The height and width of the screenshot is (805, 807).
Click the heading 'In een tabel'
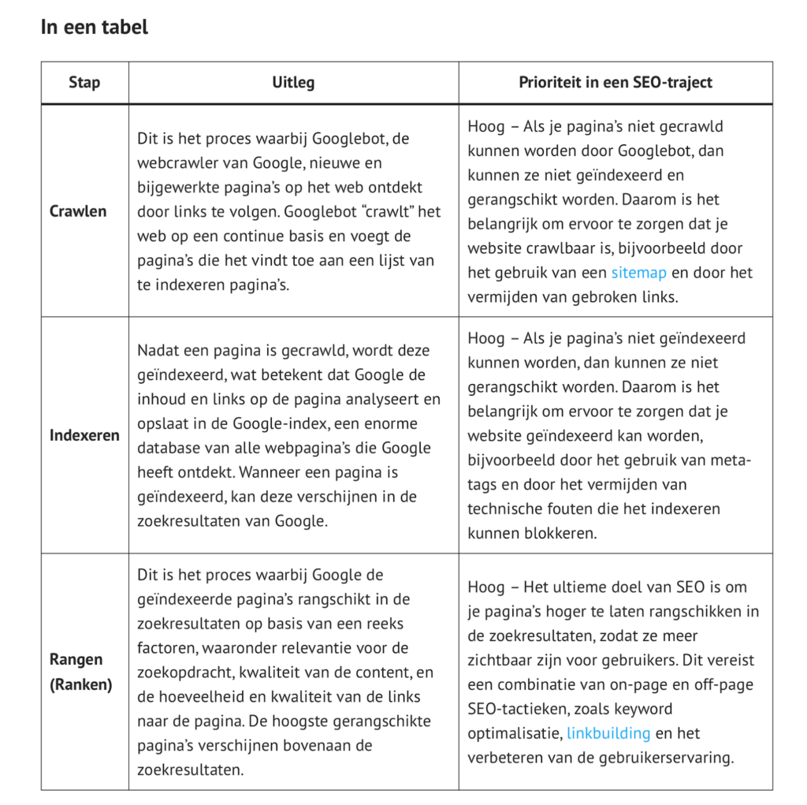94,27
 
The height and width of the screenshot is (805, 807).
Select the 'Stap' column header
84,82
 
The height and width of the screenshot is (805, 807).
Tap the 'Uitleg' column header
293,82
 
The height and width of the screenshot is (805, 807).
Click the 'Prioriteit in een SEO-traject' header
615,82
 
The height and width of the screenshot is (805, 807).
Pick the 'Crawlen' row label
78,211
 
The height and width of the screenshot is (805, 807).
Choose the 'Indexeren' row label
84,435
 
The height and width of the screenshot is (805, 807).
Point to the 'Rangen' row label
76,659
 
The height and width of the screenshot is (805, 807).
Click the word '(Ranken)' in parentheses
81,684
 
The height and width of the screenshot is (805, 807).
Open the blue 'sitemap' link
638,273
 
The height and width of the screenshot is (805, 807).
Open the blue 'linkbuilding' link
608,733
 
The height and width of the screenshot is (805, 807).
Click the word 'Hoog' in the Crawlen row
485,126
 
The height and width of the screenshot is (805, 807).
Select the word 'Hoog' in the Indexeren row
485,337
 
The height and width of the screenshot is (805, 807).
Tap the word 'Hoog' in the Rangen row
485,587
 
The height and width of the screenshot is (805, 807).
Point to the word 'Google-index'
280,423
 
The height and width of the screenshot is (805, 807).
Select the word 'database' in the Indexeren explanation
169,448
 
